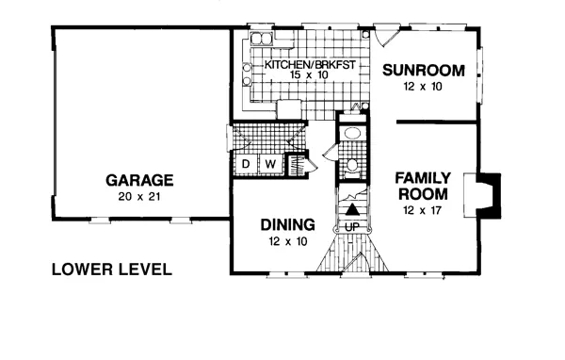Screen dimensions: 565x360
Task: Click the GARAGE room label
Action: pos(139,180)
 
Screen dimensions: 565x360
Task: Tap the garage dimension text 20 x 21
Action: pos(138,197)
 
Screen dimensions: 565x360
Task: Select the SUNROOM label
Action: pos(424,71)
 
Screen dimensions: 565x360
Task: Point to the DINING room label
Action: pos(287,224)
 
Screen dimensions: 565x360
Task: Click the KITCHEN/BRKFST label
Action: pos(310,65)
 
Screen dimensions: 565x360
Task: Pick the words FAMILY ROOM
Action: pos(423,187)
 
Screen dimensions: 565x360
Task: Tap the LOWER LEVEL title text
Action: pos(112,270)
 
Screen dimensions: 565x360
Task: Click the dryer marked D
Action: pos(246,165)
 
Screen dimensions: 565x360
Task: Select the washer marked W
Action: pos(270,165)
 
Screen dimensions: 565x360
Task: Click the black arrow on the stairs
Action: pos(352,209)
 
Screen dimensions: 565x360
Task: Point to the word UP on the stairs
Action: pos(352,227)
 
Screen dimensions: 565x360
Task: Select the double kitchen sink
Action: pos(262,38)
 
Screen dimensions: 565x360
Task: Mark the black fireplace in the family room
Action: pos(490,195)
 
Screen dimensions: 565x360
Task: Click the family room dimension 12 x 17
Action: pos(423,210)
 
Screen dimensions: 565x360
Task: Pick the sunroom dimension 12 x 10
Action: pos(423,87)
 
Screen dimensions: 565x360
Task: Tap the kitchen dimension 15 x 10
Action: pos(309,75)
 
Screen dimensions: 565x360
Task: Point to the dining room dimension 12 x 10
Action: pos(287,241)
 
